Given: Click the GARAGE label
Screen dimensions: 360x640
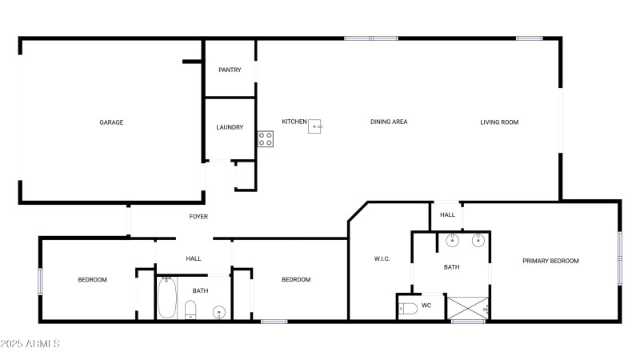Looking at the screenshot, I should [x=111, y=122].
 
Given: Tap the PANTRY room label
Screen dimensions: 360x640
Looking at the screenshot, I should [x=230, y=70].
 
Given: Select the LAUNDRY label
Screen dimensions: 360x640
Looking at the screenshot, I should [x=230, y=127].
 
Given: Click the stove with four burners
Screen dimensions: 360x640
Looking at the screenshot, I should [x=266, y=138].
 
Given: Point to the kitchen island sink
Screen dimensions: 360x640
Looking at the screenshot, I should [x=316, y=125].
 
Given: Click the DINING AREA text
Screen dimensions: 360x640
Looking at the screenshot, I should [x=389, y=122].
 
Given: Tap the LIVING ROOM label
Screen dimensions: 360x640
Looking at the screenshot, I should [x=499, y=122].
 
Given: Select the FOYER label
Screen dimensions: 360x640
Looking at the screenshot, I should [x=198, y=217].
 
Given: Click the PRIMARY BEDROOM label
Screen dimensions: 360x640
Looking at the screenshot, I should [x=550, y=261].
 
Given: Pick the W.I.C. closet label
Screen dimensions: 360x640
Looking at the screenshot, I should [x=382, y=258].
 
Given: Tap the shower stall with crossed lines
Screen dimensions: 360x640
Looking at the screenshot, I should [x=467, y=308].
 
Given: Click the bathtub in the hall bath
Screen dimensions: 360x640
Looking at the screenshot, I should [x=168, y=298].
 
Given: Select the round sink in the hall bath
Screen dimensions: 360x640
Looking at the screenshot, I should [x=218, y=311].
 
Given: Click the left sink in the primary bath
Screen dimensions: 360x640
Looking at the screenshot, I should [x=452, y=240].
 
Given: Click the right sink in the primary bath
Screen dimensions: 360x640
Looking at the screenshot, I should [x=478, y=240].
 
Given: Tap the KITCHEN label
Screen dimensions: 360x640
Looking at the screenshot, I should [x=294, y=122].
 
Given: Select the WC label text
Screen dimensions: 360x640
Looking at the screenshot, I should [x=426, y=305].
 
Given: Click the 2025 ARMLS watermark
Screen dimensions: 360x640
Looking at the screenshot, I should [x=31, y=344].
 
